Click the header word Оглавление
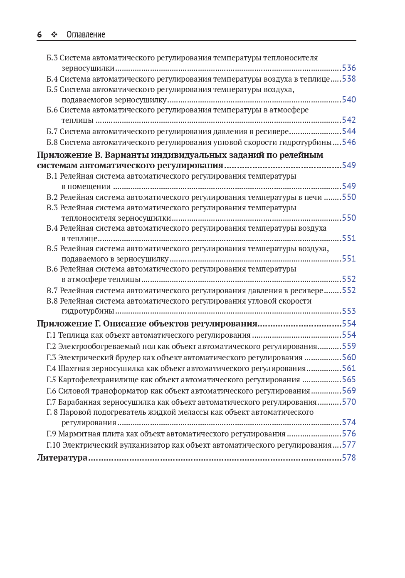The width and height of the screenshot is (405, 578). [86, 35]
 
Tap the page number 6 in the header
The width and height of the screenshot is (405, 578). [40, 35]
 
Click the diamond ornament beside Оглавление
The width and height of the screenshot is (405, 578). [54, 35]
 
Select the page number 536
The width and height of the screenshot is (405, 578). [349, 68]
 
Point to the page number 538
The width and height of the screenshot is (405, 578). [349, 79]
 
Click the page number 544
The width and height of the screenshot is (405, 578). [349, 131]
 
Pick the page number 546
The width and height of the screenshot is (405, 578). [349, 142]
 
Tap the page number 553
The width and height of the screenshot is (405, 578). [349, 311]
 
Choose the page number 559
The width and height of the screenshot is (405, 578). [349, 346]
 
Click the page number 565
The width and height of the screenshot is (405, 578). [349, 379]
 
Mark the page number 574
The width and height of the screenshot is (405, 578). [349, 422]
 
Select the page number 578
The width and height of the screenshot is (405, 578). [349, 458]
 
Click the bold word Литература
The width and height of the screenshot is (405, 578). [62, 458]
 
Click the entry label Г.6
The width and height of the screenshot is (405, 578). [51, 391]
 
